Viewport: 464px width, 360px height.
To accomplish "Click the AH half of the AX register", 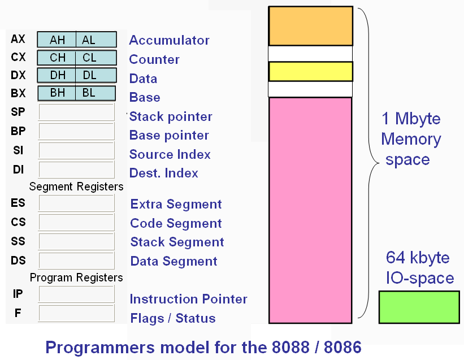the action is coord(57,40).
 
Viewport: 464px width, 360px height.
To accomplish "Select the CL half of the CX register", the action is coord(96,58).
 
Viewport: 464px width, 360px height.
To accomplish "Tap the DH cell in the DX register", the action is coord(57,75).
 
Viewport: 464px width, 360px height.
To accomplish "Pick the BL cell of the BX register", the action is coord(96,93).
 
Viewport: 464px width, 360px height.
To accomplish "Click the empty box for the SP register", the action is coord(76,112).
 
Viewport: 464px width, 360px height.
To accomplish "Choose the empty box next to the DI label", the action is coord(76,170).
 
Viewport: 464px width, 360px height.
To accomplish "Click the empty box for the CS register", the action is coord(76,222).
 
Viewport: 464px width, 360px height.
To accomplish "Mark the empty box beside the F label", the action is coord(76,313).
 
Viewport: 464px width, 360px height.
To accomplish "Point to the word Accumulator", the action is coord(169,40).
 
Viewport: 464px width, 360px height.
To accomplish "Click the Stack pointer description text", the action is coord(171,117).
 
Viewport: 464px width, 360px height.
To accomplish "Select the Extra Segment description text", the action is coord(176,204).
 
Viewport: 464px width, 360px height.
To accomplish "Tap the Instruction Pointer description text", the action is coord(189,299).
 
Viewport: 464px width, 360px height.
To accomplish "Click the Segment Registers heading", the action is coord(76,186).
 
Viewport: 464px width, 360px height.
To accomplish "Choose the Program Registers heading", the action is coord(76,277).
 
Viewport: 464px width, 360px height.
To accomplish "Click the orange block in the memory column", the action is coord(311,26).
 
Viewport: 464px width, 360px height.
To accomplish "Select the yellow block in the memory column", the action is coord(311,71).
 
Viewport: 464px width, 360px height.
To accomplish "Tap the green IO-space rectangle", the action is coord(419,307).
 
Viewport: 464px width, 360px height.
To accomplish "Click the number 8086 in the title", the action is coord(342,347).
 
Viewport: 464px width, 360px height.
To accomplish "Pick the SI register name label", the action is coord(18,150).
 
